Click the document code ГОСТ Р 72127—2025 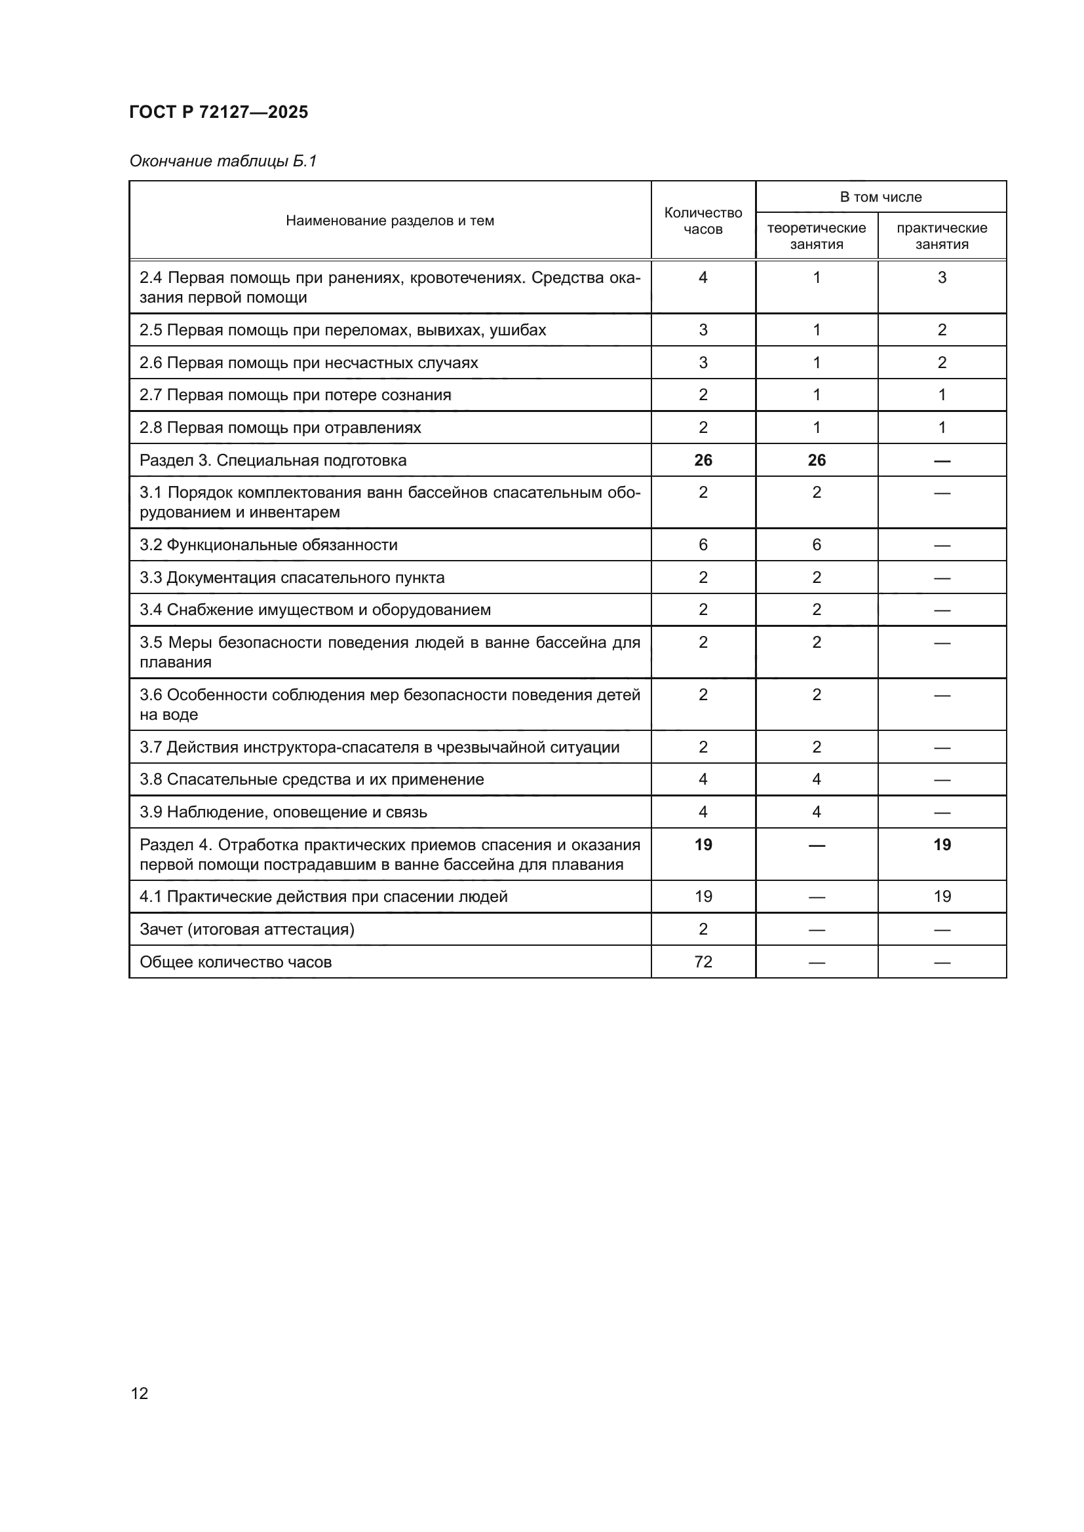pyautogui.click(x=218, y=112)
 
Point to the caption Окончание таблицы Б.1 pyautogui.click(x=223, y=161)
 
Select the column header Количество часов pyautogui.click(x=703, y=221)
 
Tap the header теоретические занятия pyautogui.click(x=817, y=236)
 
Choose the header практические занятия pyautogui.click(x=941, y=236)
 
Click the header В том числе pyautogui.click(x=880, y=197)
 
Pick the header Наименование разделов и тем pyautogui.click(x=390, y=221)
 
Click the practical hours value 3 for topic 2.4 pyautogui.click(x=942, y=278)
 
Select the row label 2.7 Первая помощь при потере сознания pyautogui.click(x=295, y=395)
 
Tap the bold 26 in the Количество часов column pyautogui.click(x=703, y=460)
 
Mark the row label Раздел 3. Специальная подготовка pyautogui.click(x=273, y=460)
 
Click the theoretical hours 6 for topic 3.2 pyautogui.click(x=817, y=545)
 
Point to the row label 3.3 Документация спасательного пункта pyautogui.click(x=292, y=578)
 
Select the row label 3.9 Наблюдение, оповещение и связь pyautogui.click(x=283, y=812)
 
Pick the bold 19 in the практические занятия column pyautogui.click(x=942, y=845)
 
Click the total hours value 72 pyautogui.click(x=703, y=962)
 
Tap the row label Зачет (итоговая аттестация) pyautogui.click(x=247, y=929)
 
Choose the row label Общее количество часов pyautogui.click(x=236, y=962)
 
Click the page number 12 pyautogui.click(x=140, y=1393)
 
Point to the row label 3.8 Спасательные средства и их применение pyautogui.click(x=312, y=779)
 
